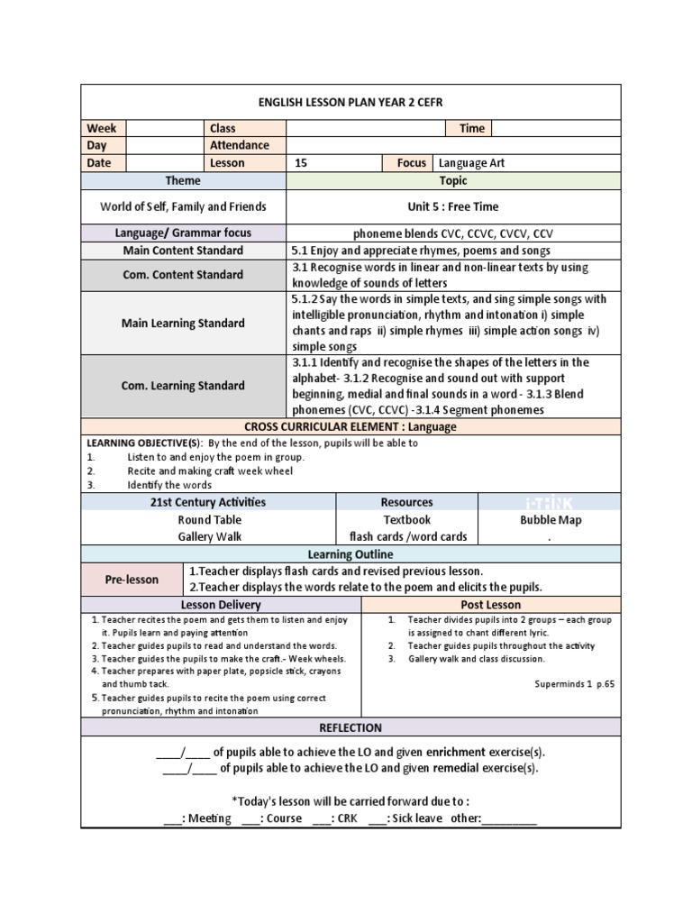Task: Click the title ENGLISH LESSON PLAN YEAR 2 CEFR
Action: pyautogui.click(x=351, y=102)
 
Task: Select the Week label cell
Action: pyautogui.click(x=104, y=128)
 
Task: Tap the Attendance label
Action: pyautogui.click(x=240, y=145)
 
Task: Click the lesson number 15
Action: pyautogui.click(x=301, y=163)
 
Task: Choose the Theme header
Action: pyautogui.click(x=183, y=181)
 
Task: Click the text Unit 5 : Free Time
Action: pyautogui.click(x=452, y=206)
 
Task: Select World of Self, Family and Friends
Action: pyautogui.click(x=183, y=206)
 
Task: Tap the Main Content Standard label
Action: pyautogui.click(x=183, y=251)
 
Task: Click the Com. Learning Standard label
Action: pyautogui.click(x=183, y=386)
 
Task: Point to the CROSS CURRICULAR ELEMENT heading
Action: pyautogui.click(x=351, y=426)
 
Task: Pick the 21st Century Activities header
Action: pyautogui.click(x=208, y=502)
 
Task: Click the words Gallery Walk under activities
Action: pyautogui.click(x=208, y=536)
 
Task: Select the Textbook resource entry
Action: pyautogui.click(x=407, y=519)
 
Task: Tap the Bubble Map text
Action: pyautogui.click(x=550, y=520)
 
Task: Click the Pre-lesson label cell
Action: pyautogui.click(x=132, y=580)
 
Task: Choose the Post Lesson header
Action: pyautogui.click(x=490, y=605)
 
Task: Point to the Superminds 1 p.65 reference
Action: pyautogui.click(x=574, y=683)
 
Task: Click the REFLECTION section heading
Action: pyautogui.click(x=351, y=727)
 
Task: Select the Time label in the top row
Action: pyautogui.click(x=472, y=128)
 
